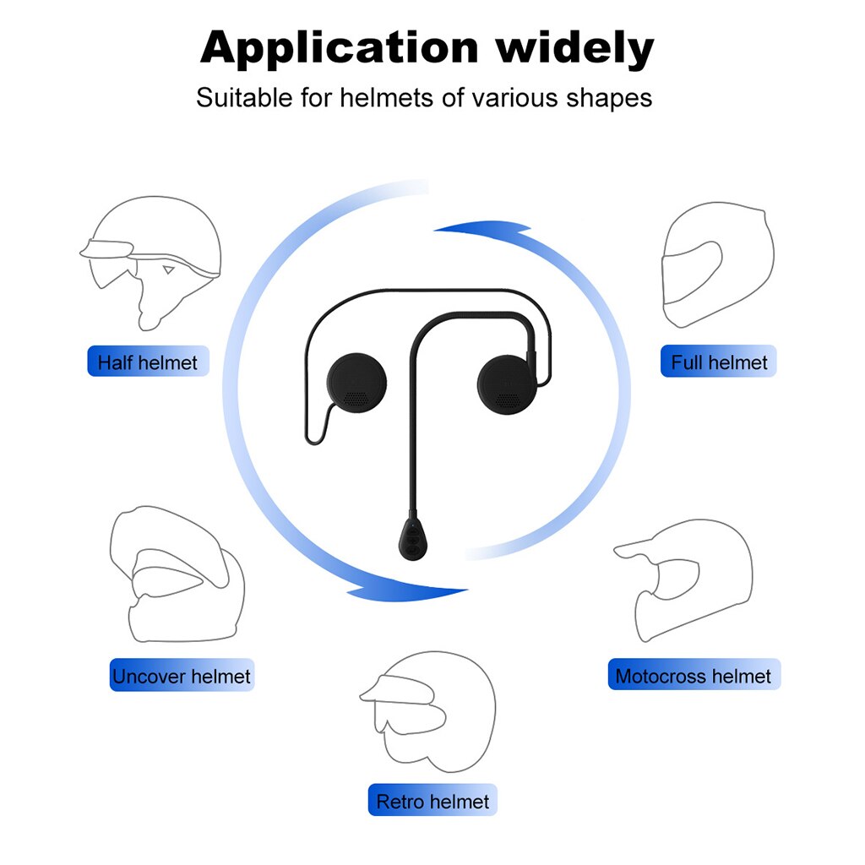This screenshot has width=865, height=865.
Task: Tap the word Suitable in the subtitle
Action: tap(244, 98)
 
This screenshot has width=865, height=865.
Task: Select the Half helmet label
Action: tap(148, 362)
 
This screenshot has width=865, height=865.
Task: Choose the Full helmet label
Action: tap(719, 362)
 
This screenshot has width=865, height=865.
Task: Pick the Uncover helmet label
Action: tap(182, 676)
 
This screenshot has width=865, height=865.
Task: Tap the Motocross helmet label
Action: tap(694, 676)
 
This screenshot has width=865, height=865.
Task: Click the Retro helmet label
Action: tap(432, 801)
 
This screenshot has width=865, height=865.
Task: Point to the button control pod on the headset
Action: tap(411, 538)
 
